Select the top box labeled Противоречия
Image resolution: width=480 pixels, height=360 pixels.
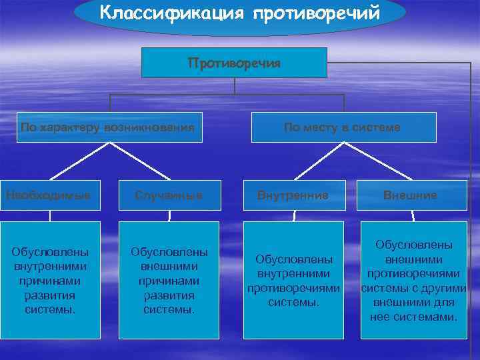(234, 63)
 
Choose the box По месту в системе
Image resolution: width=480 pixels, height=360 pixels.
(343, 127)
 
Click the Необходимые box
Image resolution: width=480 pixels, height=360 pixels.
(51, 195)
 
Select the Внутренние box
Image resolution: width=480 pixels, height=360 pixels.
(294, 195)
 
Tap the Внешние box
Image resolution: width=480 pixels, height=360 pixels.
(411, 195)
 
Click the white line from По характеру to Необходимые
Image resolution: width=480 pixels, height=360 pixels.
(77, 162)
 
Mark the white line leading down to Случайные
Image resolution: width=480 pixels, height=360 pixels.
(144, 162)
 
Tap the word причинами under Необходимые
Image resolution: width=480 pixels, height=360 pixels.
(51, 282)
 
